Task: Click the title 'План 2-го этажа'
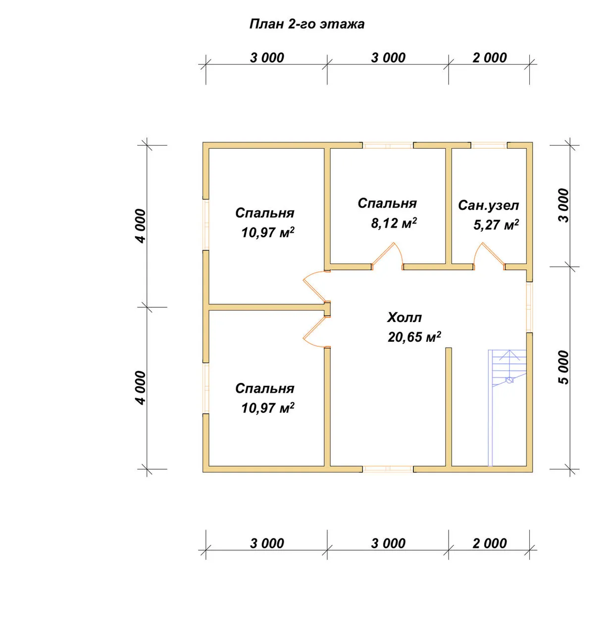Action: pyautogui.click(x=306, y=24)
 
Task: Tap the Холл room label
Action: pyautogui.click(x=404, y=317)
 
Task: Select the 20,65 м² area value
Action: pyautogui.click(x=414, y=337)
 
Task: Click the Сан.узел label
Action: pyautogui.click(x=488, y=205)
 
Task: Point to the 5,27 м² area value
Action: pyautogui.click(x=496, y=225)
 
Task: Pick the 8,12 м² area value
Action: pyautogui.click(x=394, y=223)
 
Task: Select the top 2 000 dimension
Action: pyautogui.click(x=490, y=57)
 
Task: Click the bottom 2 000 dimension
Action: pyautogui.click(x=490, y=543)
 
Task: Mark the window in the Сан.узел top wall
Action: pyautogui.click(x=489, y=145)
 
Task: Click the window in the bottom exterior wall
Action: pyautogui.click(x=388, y=469)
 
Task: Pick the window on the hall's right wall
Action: pyautogui.click(x=530, y=307)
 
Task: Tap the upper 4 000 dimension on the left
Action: pyautogui.click(x=141, y=226)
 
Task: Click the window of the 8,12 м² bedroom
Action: pyautogui.click(x=388, y=145)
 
